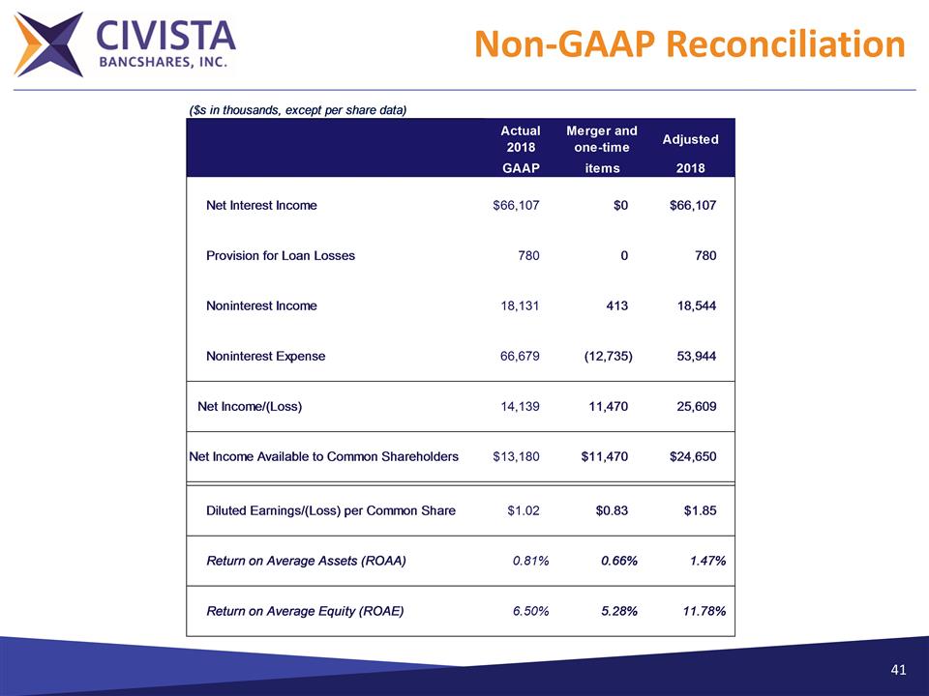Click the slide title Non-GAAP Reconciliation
691,43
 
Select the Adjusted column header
690,139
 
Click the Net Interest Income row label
261,205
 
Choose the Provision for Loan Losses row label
281,255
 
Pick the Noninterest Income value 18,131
518,305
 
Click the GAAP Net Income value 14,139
518,406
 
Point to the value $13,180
516,456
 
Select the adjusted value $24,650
693,456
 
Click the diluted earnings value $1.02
524,510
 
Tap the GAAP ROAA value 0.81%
530,561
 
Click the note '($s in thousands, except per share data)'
297,109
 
